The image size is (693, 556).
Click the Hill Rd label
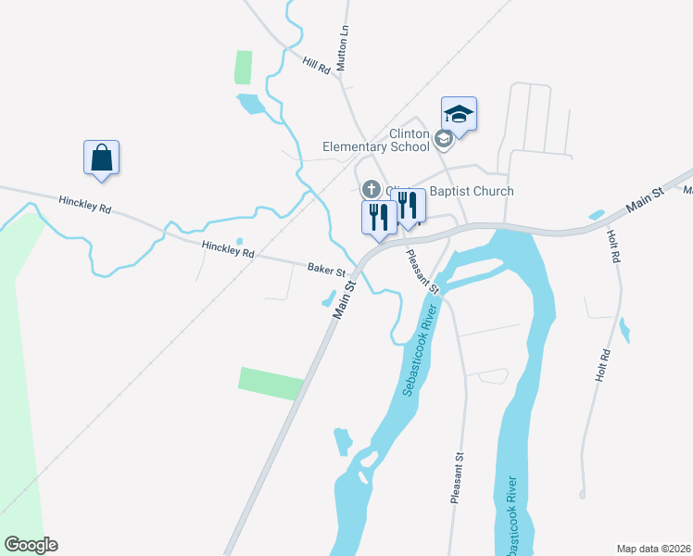point(316,65)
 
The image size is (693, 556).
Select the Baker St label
point(326,272)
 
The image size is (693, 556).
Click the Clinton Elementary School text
point(376,139)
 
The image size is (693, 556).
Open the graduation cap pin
point(459,114)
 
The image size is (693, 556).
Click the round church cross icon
point(371,189)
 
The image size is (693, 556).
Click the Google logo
point(31,545)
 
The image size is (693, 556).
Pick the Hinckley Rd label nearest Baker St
point(228,248)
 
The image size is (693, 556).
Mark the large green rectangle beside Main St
point(271,384)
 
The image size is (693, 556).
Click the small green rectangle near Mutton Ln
point(243,68)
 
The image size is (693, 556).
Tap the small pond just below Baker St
point(328,299)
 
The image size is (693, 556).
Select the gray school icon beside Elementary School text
point(443,139)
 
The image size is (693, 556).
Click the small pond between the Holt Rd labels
point(625,330)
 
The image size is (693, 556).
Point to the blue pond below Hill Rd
point(249,103)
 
